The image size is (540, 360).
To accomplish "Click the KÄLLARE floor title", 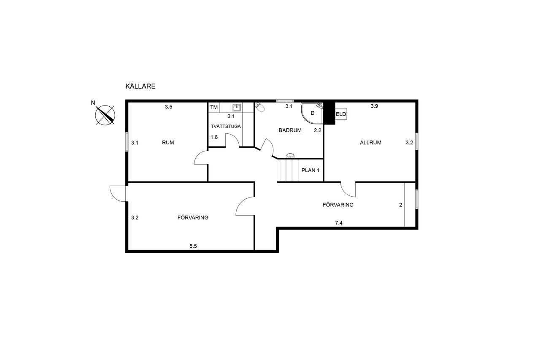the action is point(140,86).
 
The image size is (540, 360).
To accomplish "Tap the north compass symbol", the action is point(105,115).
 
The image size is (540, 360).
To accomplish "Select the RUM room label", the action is point(168,143).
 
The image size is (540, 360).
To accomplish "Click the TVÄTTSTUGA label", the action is point(226,126).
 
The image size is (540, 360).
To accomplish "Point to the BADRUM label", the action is point(290,130).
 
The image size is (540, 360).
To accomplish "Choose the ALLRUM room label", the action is point(370,143).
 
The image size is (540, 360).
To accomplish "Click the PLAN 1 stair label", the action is point(310,170).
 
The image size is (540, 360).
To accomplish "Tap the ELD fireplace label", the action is point(341,114).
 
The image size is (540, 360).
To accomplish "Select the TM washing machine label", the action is point(214,107).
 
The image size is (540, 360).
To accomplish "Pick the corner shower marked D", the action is point(312,113).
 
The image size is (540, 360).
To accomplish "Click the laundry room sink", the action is point(237,107).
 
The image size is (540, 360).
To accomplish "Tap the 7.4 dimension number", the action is point(339,223).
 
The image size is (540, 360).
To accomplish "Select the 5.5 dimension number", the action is point(193,246).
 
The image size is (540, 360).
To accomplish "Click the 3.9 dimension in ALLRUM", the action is point(374,106).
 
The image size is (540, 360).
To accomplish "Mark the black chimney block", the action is point(329,113).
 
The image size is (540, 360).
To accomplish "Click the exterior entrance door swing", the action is point(118,193).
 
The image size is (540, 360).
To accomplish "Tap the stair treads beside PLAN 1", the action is point(289,170).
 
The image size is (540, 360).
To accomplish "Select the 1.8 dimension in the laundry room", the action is point(214,137).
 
